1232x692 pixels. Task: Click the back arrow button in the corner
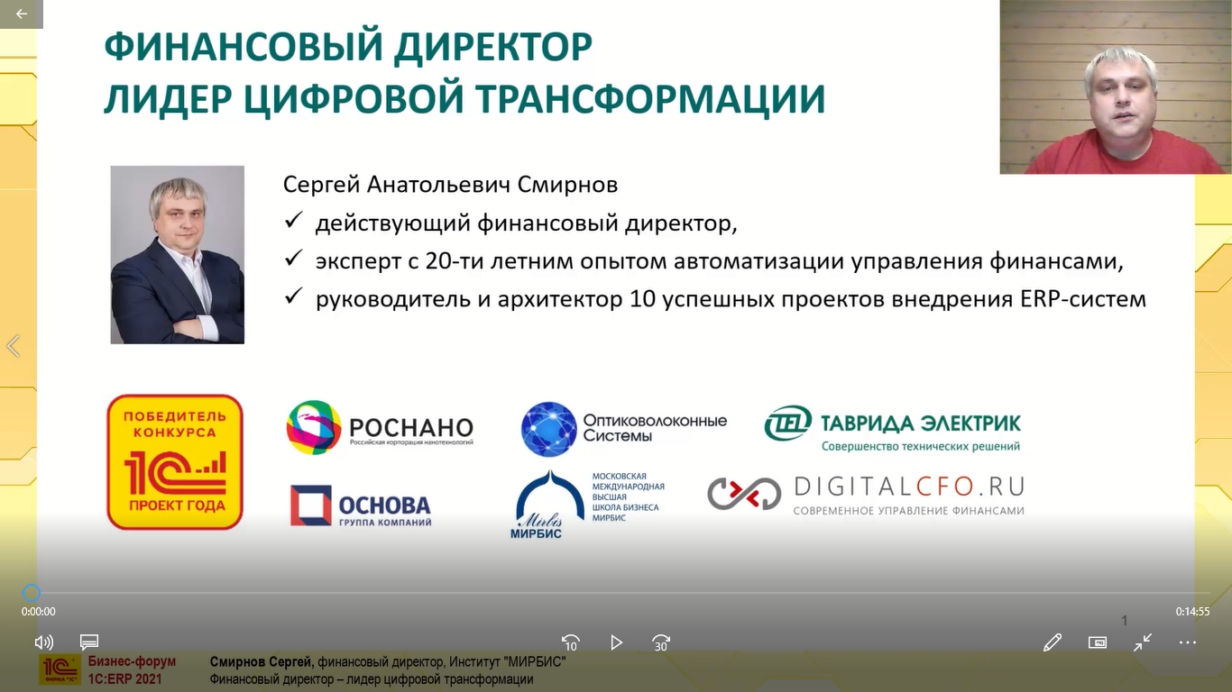point(22,14)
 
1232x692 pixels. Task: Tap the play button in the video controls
point(616,642)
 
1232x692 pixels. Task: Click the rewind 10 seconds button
point(570,642)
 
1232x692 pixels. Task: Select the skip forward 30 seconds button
point(660,642)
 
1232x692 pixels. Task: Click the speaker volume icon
point(43,642)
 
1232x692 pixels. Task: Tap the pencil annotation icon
point(1053,642)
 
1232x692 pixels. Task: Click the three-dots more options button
point(1188,642)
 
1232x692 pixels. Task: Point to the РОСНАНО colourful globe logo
point(314,427)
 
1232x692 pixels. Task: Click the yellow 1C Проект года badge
point(175,462)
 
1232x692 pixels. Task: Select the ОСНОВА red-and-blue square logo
point(311,505)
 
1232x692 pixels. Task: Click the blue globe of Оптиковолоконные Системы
point(548,429)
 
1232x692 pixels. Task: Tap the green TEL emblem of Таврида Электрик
point(787,423)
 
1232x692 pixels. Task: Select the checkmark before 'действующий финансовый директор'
point(293,220)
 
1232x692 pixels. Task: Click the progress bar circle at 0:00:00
point(32,593)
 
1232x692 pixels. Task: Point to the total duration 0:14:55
point(1193,611)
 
